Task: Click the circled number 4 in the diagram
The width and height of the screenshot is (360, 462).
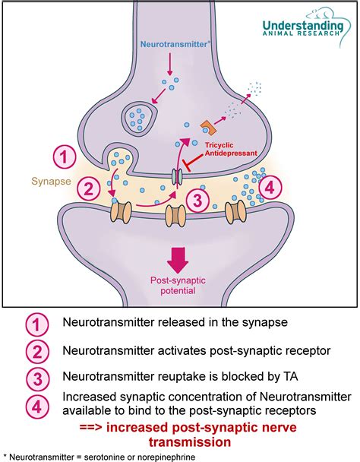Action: click(270, 186)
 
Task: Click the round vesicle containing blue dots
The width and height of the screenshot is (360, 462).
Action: click(140, 115)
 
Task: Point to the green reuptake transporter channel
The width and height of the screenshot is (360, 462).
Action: click(176, 176)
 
